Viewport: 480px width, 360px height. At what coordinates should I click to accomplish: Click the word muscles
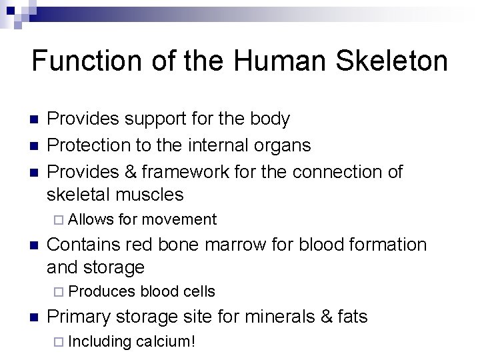pyautogui.click(x=151, y=195)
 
